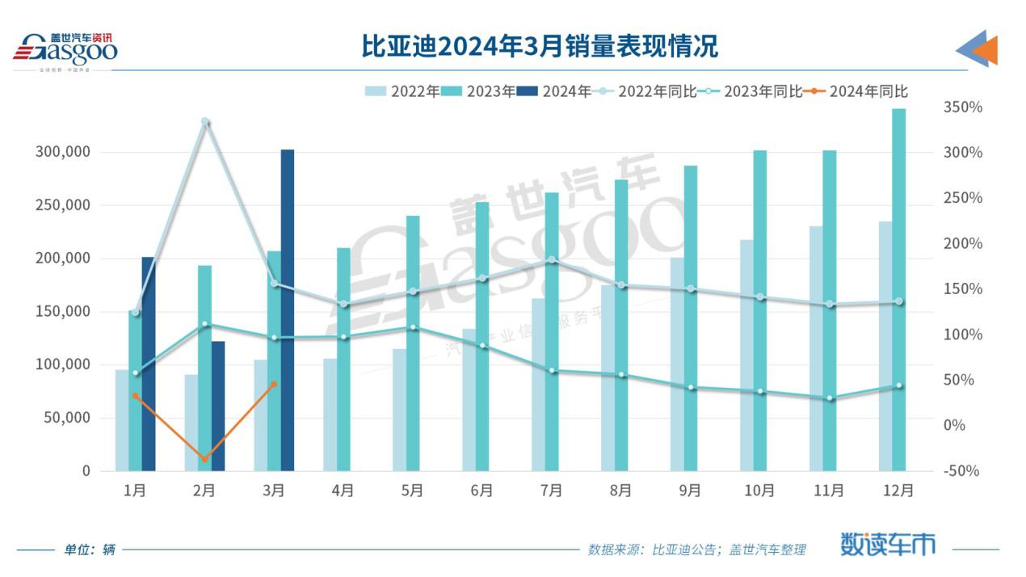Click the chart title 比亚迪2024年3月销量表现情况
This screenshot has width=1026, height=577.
[540, 46]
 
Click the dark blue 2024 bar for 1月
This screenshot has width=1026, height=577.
[148, 364]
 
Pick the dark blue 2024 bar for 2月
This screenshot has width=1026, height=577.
[217, 406]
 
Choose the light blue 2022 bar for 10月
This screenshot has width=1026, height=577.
[746, 355]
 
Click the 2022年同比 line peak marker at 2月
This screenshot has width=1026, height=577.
[205, 122]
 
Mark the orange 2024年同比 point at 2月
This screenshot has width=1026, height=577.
[205, 460]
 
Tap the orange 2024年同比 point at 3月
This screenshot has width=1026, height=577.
[275, 384]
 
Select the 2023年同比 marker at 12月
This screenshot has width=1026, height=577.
[898, 386]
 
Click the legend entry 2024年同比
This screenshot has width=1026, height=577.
[856, 91]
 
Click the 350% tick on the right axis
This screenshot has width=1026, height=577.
[962, 107]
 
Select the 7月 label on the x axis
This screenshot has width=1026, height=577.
[551, 491]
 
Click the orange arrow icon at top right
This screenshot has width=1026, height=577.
[984, 50]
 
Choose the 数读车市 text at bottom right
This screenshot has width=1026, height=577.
[888, 544]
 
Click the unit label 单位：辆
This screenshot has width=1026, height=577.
[90, 550]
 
